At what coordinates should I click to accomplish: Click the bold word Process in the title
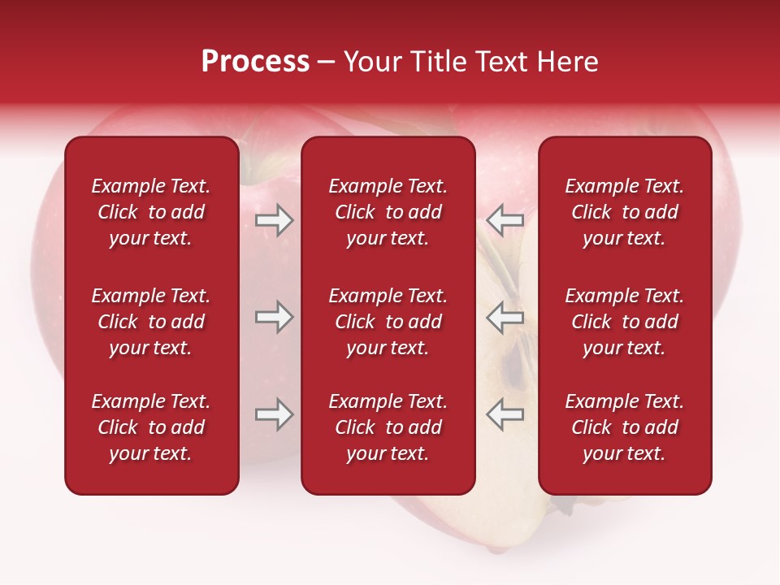click(255, 62)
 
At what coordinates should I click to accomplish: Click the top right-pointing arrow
click(274, 220)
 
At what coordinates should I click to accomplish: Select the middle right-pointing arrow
click(274, 317)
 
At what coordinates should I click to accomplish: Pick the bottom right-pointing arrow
click(274, 414)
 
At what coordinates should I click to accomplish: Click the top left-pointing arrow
click(505, 220)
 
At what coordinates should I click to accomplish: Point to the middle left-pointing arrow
click(505, 317)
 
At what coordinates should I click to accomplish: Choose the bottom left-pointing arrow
click(505, 414)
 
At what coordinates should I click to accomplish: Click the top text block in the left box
click(151, 212)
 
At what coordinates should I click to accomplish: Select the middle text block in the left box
click(151, 322)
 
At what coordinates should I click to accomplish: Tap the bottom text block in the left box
click(151, 427)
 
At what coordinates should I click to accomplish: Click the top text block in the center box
click(388, 212)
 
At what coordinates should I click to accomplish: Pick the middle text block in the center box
click(388, 322)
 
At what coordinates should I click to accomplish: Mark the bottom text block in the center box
click(388, 427)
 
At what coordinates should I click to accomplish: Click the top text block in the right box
click(625, 212)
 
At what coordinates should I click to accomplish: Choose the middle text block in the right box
click(625, 322)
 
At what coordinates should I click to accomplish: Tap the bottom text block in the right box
click(625, 427)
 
